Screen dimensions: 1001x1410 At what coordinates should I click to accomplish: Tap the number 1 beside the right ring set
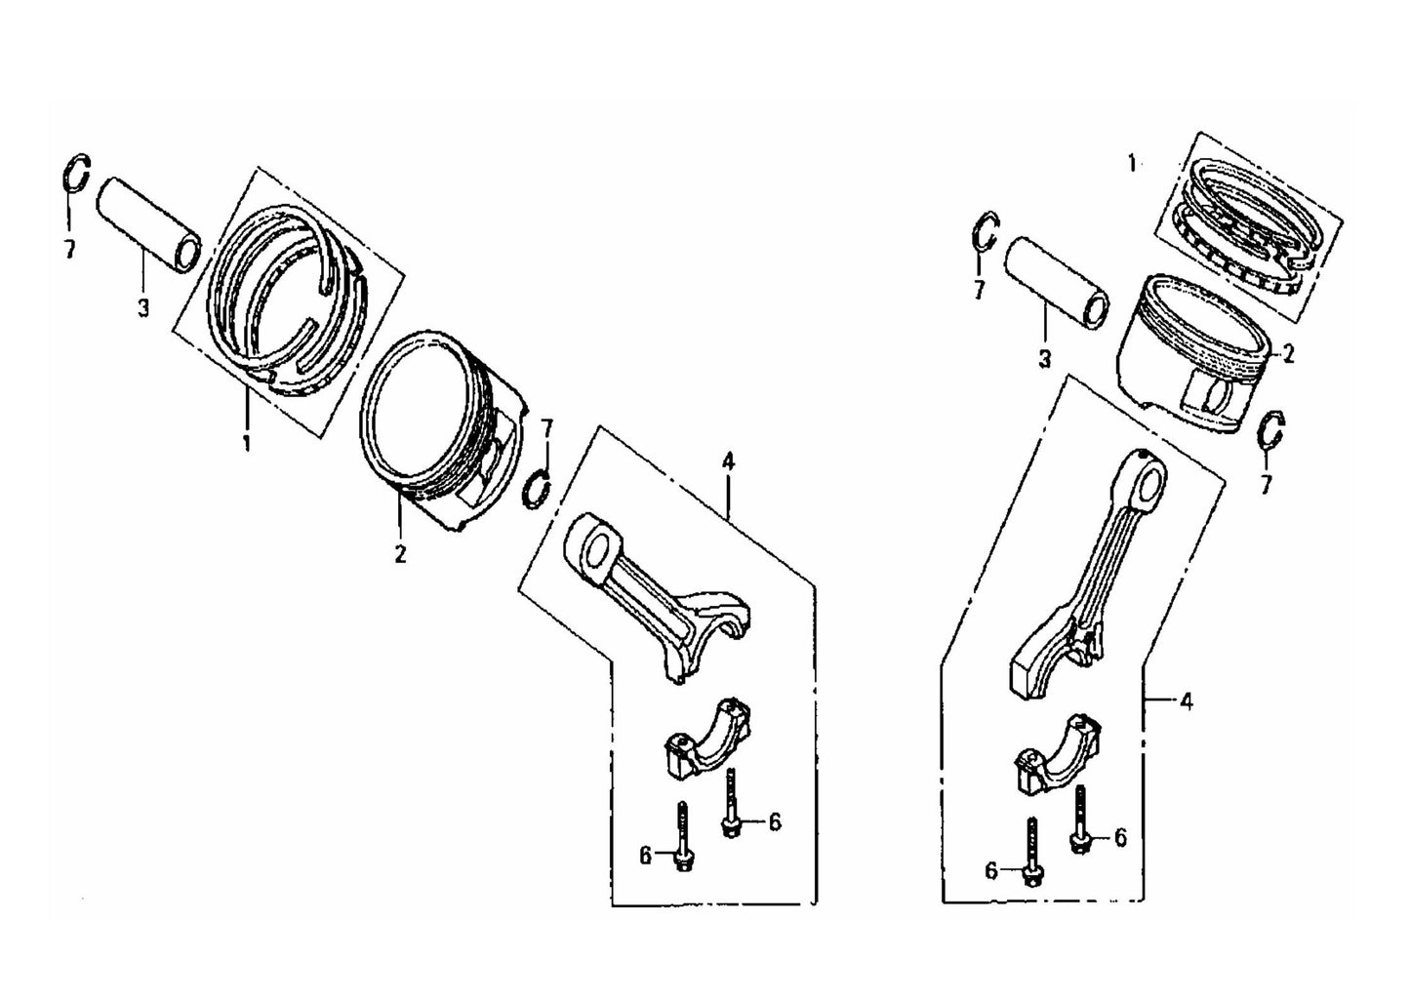tap(1132, 163)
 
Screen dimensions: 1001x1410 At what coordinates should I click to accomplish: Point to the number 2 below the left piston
tap(400, 554)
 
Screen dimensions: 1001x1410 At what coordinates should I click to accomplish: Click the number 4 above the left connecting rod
tap(727, 461)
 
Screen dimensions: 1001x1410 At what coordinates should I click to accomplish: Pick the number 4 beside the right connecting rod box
tap(1186, 700)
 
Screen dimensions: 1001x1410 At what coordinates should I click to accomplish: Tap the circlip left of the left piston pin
tap(76, 175)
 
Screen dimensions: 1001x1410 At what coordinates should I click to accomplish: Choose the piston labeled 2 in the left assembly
tap(439, 429)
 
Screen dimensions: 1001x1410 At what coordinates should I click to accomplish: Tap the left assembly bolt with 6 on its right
tap(730, 801)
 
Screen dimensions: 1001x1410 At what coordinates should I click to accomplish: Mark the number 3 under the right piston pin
tap(1044, 359)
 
